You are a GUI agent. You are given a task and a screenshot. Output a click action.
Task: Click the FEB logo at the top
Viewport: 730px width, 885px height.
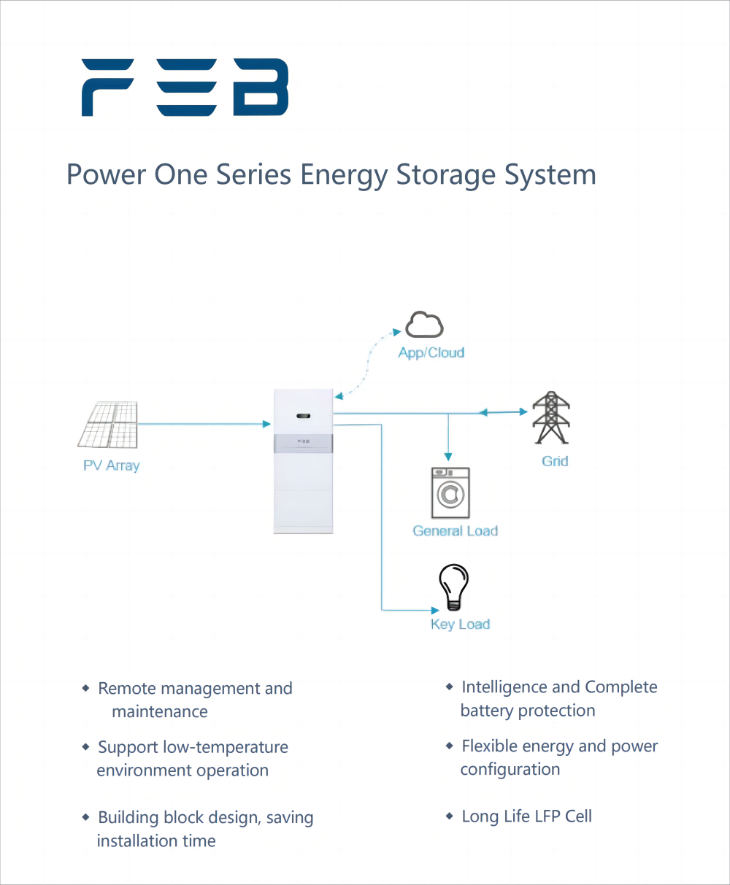tap(185, 88)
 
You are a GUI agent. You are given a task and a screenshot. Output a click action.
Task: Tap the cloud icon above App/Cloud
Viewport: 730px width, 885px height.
tap(424, 325)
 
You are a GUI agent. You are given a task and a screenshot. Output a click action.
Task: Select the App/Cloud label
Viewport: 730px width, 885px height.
tap(431, 353)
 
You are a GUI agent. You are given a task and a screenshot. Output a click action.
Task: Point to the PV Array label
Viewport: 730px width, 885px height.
tap(111, 465)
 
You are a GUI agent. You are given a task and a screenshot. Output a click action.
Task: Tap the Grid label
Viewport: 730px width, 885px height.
tap(555, 461)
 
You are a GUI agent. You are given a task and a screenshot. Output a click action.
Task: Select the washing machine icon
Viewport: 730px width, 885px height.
tap(450, 493)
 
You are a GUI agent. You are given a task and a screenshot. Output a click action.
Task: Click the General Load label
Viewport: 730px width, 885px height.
tap(455, 531)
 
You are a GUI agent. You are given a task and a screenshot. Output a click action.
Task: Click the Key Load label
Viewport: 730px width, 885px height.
tap(460, 625)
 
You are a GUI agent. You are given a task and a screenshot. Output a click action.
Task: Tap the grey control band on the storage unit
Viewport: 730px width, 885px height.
tap(304, 442)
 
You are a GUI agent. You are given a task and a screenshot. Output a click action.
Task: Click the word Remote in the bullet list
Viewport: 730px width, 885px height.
tap(125, 689)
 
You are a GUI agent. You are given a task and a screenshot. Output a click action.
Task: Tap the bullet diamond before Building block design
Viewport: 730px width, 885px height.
tap(86, 818)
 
